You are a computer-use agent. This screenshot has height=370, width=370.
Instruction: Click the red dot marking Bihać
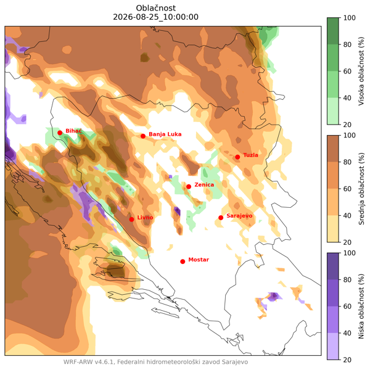(60, 133)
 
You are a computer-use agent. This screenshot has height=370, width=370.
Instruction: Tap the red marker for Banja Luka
(143, 136)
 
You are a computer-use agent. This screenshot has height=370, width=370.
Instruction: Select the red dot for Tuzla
(237, 157)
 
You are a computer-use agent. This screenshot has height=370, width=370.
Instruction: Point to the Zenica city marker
(189, 187)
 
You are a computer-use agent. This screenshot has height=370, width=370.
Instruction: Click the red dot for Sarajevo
(221, 218)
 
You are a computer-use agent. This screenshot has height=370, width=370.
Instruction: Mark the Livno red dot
(132, 220)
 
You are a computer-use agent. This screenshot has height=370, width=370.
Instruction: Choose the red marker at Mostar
(183, 261)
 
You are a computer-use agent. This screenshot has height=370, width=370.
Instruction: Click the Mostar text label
(199, 260)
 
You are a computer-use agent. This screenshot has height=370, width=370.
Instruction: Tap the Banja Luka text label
(165, 134)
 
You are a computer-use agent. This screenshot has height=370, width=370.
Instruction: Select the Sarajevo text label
(239, 216)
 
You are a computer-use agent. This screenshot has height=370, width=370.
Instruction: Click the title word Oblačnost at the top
(156, 8)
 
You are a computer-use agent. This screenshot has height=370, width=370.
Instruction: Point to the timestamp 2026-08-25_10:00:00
(156, 17)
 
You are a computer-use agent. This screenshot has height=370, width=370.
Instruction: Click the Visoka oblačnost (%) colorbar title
(361, 72)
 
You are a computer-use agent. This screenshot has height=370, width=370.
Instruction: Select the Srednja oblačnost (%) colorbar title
(361, 189)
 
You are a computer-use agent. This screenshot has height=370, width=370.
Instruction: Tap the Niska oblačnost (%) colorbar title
(361, 306)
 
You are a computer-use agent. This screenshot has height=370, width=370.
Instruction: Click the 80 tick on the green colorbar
(347, 44)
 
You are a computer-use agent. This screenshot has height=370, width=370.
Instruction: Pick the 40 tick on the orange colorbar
(347, 216)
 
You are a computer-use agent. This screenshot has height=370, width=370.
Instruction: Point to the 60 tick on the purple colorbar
(347, 306)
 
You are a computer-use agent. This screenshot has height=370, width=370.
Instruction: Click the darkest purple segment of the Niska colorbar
(333, 266)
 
